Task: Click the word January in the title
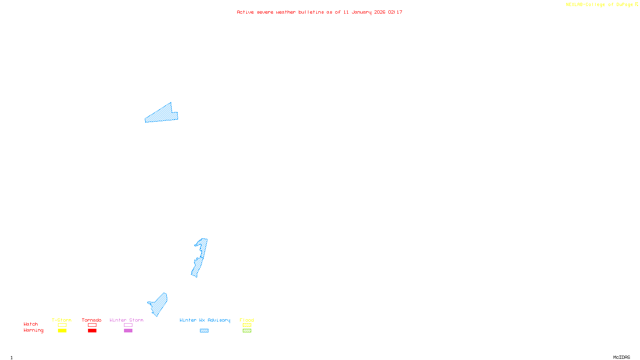tap(361, 12)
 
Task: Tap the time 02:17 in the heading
tap(395, 12)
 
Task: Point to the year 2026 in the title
tap(380, 12)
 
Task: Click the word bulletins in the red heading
tap(311, 12)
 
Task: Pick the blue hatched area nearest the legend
tap(159, 304)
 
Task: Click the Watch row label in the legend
tap(31, 324)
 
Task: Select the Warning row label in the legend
tap(33, 330)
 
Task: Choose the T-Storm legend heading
tap(62, 320)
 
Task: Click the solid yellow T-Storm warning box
tap(62, 331)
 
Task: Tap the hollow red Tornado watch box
tap(92, 325)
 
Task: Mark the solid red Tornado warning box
tap(92, 331)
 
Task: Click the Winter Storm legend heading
tap(126, 320)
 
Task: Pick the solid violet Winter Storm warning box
tap(128, 331)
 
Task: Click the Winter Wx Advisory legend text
tap(205, 320)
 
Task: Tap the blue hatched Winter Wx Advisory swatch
tap(204, 331)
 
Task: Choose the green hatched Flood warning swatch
tap(247, 331)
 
